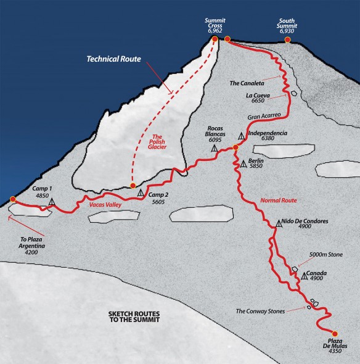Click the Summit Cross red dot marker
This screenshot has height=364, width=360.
[215, 39]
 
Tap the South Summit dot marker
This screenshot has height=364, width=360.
[287, 40]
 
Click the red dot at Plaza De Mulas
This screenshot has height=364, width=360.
[335, 333]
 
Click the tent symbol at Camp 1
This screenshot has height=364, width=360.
[52, 202]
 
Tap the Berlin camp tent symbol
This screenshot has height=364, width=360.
[243, 164]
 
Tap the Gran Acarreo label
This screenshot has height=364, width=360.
[264, 115]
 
